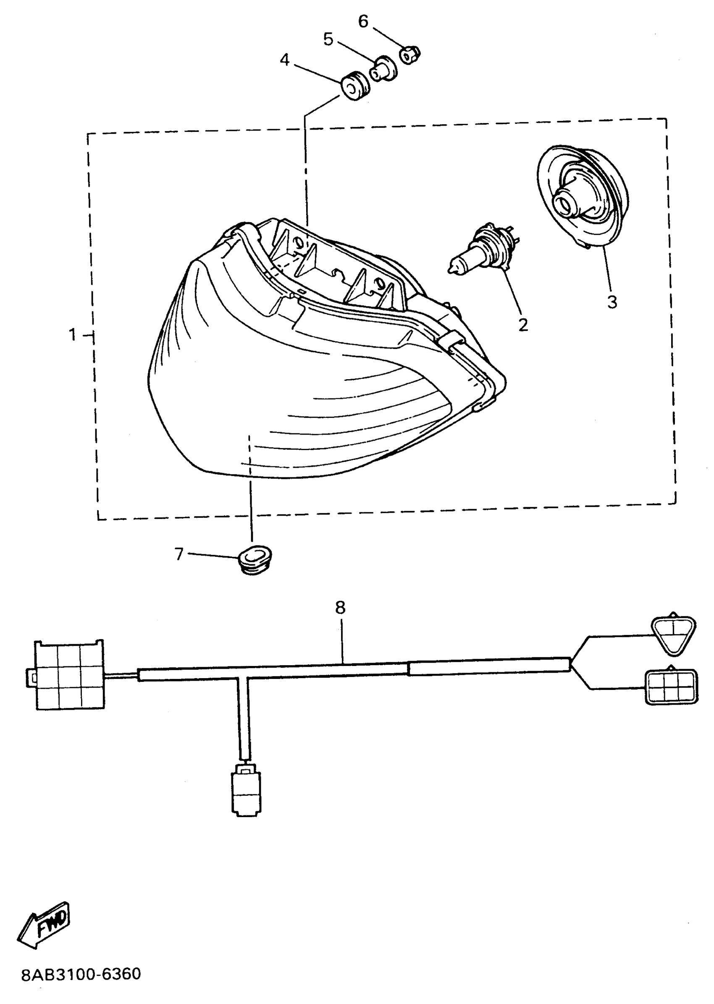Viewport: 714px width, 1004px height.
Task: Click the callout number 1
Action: coord(73,335)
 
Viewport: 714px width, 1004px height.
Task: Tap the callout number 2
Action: coord(523,325)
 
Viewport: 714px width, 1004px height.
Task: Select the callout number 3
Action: coord(612,302)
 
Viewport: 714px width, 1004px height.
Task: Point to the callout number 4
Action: coord(285,60)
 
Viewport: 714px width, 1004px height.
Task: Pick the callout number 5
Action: coord(328,39)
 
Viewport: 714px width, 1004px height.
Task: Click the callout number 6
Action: coord(363,21)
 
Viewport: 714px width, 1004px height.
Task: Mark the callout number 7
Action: coord(178,554)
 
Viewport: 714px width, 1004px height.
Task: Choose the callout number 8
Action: coord(340,608)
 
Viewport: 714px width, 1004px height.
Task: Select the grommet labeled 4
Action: coord(355,86)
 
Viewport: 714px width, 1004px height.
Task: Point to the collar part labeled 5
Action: coord(383,68)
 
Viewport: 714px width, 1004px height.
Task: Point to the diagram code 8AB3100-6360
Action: coord(81,974)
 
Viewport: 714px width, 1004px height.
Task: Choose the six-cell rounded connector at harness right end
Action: coord(671,687)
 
